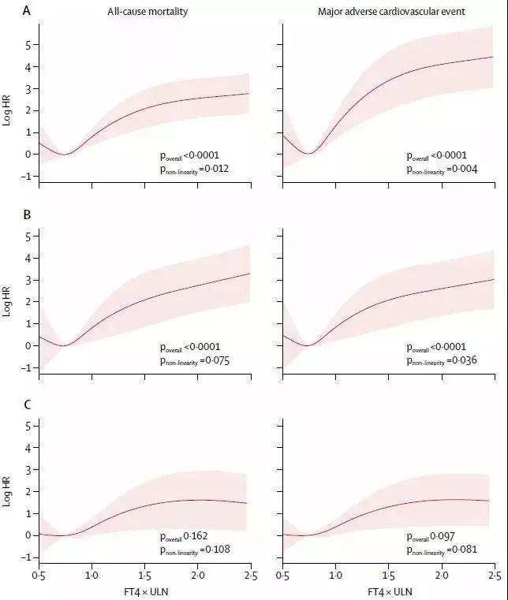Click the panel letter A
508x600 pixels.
point(7,11)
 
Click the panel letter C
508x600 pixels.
point(7,405)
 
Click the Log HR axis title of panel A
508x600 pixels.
point(9,110)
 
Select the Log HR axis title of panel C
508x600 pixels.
point(9,490)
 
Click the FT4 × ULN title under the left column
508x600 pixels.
point(144,589)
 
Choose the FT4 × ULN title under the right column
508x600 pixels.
point(388,589)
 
